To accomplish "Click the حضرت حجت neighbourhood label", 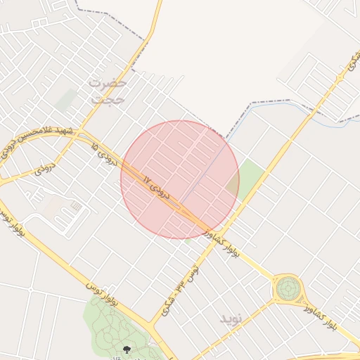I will coord(108,91).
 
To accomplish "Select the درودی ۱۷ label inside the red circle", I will coord(156,186).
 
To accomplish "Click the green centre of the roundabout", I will coord(287,288).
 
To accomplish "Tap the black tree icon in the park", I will coord(127,349).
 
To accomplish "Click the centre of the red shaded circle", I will coord(180,179).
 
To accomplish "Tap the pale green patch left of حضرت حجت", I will coord(66,100).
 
